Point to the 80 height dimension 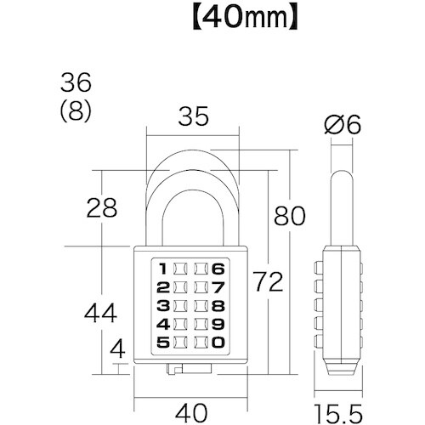tap(287, 216)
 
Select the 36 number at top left tap(76, 83)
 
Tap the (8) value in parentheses tap(76, 110)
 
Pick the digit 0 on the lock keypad tap(218, 343)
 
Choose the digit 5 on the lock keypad tap(161, 343)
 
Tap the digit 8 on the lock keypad tap(218, 306)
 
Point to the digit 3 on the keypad tap(161, 306)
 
